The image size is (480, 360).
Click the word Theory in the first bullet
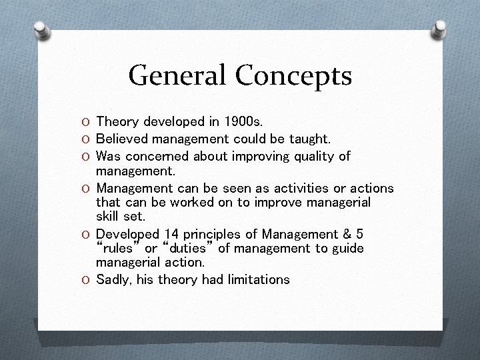tap(116, 121)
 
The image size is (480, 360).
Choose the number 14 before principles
tap(171, 234)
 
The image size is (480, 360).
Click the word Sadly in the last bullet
tap(113, 279)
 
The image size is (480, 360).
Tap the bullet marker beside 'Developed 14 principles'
tap(87, 235)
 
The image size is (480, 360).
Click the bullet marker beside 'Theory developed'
tap(87, 122)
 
